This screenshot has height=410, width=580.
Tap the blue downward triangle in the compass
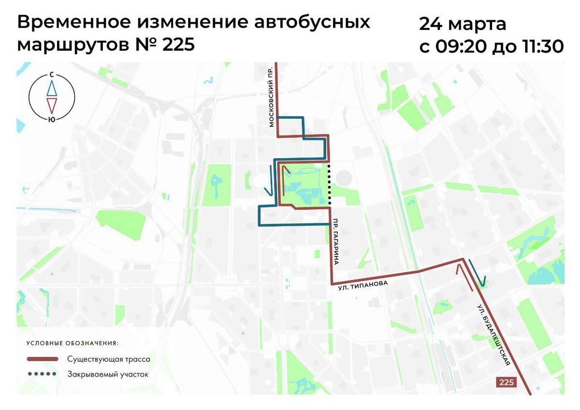tap(51, 88)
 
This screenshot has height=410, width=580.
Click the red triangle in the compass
tap(51, 104)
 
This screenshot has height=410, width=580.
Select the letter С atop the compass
tap(51, 75)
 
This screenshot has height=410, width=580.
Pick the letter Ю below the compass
tap(51, 118)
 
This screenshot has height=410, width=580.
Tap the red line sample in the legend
tap(43, 359)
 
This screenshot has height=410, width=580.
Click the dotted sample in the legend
tap(43, 374)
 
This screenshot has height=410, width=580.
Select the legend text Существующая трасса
tap(109, 359)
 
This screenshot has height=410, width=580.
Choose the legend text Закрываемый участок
tap(108, 374)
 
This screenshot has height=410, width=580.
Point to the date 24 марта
tap(463, 23)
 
